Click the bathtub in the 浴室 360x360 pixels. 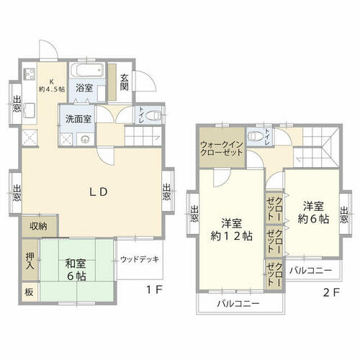87,70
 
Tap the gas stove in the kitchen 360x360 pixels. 30,73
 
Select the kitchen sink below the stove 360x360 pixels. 30,110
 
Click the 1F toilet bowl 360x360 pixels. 153,115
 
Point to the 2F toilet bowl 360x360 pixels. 255,136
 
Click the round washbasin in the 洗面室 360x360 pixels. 85,139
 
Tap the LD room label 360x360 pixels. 99,192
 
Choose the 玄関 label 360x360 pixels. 125,83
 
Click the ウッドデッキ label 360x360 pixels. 140,259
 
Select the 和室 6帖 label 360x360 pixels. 76,270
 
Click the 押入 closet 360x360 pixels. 30,260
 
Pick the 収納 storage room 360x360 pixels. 40,226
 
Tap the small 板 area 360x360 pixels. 30,292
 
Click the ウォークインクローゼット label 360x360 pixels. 222,148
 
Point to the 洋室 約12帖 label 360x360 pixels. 232,230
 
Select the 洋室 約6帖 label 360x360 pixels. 313,212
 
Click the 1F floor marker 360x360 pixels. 155,290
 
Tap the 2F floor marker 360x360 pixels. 331,292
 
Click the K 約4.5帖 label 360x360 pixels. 52,86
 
